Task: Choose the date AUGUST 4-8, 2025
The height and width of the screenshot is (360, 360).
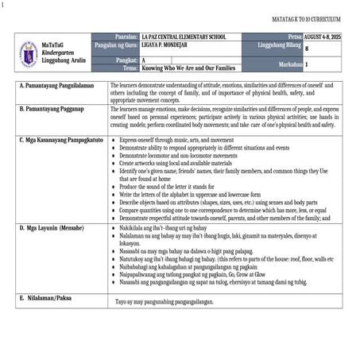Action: pos(327,37)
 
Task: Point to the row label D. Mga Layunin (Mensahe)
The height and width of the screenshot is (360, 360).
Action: pos(54,226)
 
